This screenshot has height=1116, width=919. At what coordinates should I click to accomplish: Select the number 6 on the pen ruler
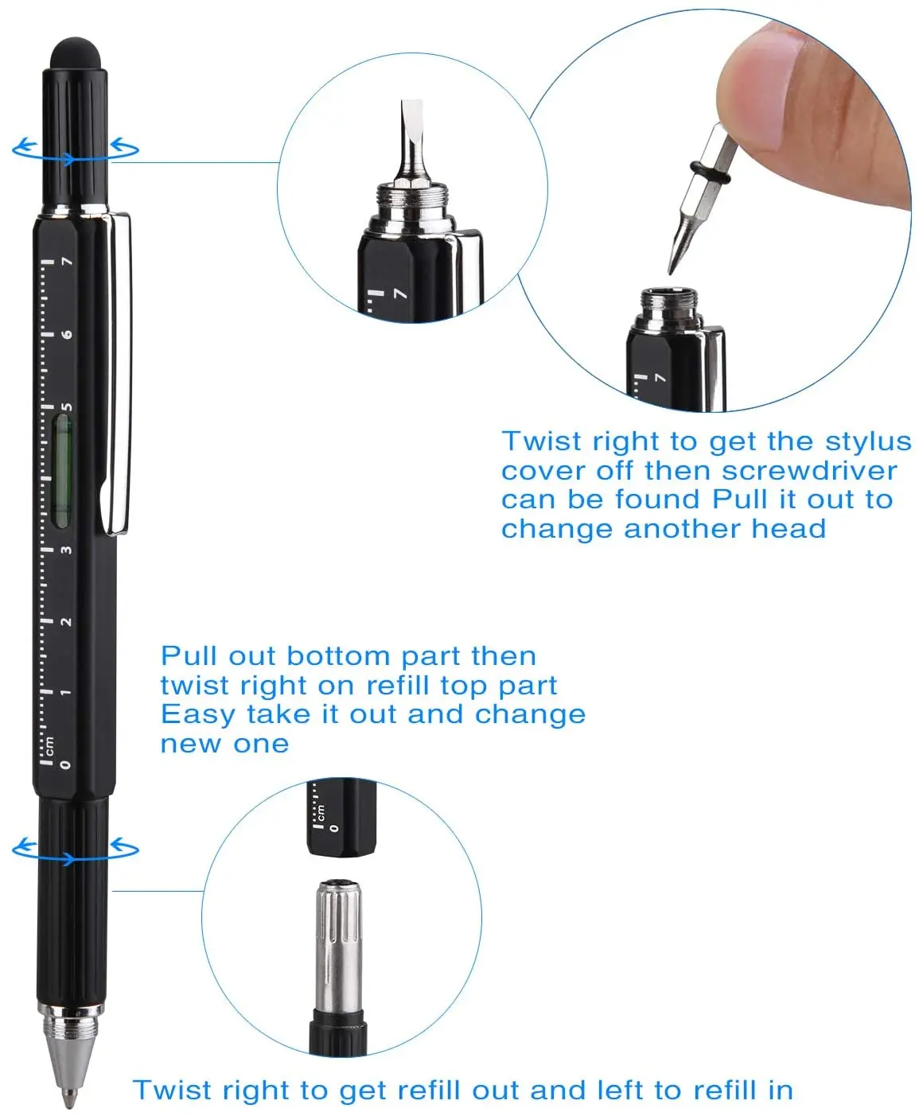(68, 334)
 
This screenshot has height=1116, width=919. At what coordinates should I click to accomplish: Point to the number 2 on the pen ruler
(67, 621)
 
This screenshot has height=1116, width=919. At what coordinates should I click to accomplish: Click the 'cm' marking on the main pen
(50, 745)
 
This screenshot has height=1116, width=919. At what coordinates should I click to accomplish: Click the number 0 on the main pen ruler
(66, 764)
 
